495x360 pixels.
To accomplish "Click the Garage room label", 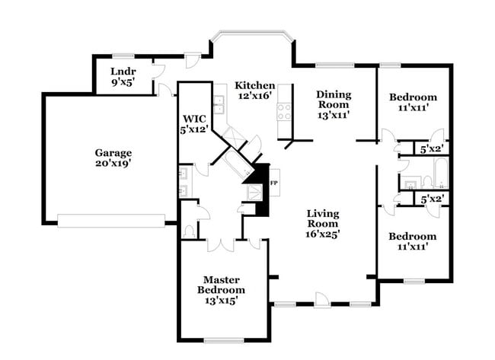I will (113, 151).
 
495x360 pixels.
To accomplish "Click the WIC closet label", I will (193, 119).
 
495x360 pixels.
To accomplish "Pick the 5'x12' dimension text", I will (193, 129).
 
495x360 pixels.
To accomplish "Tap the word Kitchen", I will (254, 84).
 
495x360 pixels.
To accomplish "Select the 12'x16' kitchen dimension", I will (254, 96).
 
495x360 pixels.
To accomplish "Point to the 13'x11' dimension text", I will (334, 116).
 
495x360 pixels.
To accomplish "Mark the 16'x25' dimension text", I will (323, 234).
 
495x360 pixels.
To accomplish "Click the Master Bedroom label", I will (221, 285).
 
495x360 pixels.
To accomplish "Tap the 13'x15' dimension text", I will (221, 301).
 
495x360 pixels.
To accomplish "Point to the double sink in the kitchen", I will (219, 104).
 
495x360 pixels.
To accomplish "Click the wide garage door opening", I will (111, 221).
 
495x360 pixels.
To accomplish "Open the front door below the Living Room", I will (322, 299).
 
